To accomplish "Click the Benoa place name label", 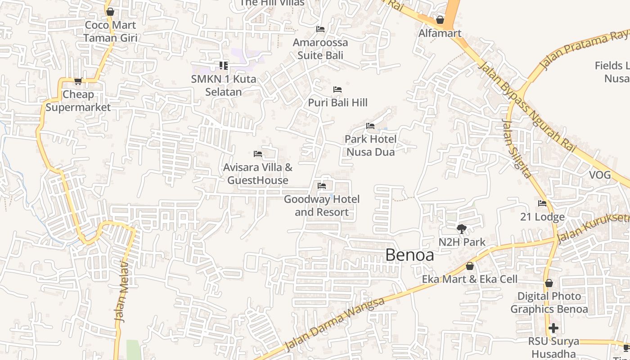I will tap(409, 255).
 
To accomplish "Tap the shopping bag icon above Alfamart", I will tap(440, 20).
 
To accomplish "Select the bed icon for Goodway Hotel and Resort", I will tap(322, 185).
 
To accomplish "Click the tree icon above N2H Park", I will tap(461, 229).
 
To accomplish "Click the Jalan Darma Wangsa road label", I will tap(335, 324).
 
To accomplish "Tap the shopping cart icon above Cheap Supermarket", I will tap(78, 81).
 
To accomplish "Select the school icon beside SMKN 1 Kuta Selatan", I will tap(224, 66).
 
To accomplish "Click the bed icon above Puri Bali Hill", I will tap(337, 90).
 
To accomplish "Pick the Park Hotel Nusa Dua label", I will tap(371, 145).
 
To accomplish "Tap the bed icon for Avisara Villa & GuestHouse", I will tap(258, 154).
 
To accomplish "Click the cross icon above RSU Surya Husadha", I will tap(553, 328).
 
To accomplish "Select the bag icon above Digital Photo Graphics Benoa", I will tap(549, 283).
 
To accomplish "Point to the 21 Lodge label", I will tap(542, 217).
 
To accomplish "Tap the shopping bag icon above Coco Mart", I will tap(110, 12).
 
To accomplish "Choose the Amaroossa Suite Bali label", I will tap(320, 49).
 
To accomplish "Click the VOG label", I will tap(600, 175).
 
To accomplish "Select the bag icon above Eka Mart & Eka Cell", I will tap(470, 266).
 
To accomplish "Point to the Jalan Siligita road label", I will tap(517, 148).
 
